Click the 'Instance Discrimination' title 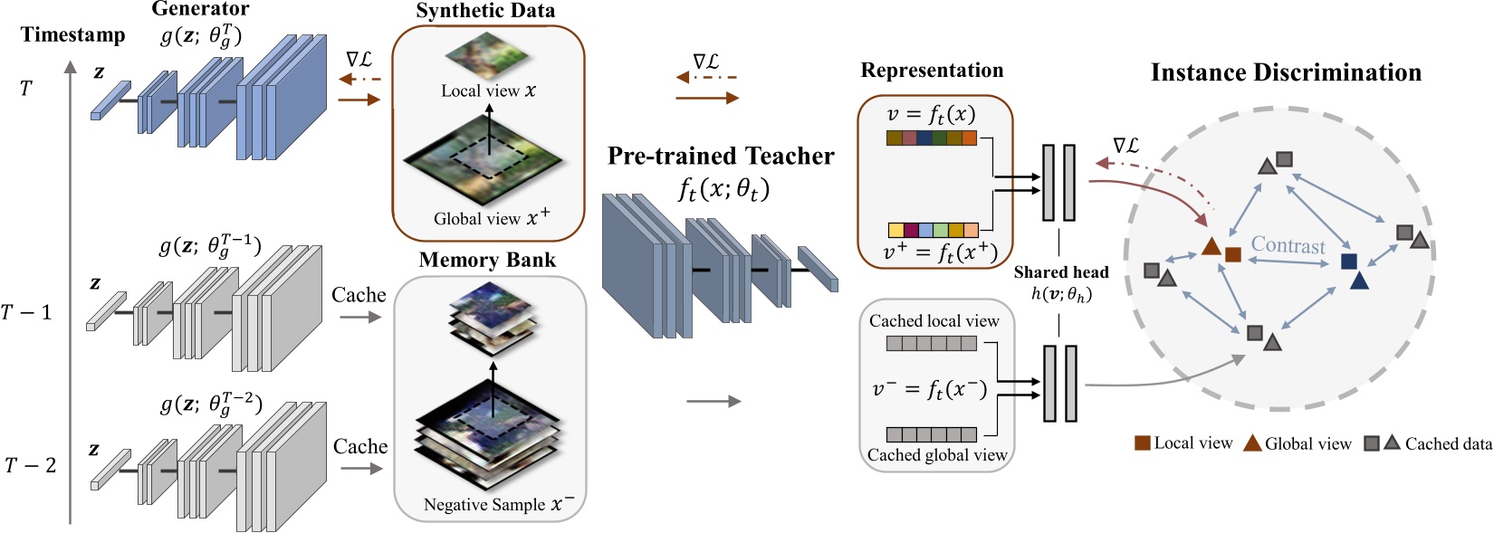click(1285, 72)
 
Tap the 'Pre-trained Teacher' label click(720, 156)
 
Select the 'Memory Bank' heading click(487, 261)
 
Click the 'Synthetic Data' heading click(485, 11)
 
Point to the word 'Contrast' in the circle click(1288, 245)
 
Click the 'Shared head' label click(1060, 272)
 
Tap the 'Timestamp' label click(72, 34)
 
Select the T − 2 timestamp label click(30, 465)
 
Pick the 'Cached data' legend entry click(1447, 443)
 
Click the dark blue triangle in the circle click(1358, 281)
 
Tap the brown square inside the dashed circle click(1232, 254)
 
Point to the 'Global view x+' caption click(491, 218)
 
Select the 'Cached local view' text click(934, 321)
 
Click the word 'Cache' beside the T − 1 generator click(359, 295)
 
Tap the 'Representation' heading click(932, 71)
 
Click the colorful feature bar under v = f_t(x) click(931, 138)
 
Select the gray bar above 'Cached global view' click(931, 434)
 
